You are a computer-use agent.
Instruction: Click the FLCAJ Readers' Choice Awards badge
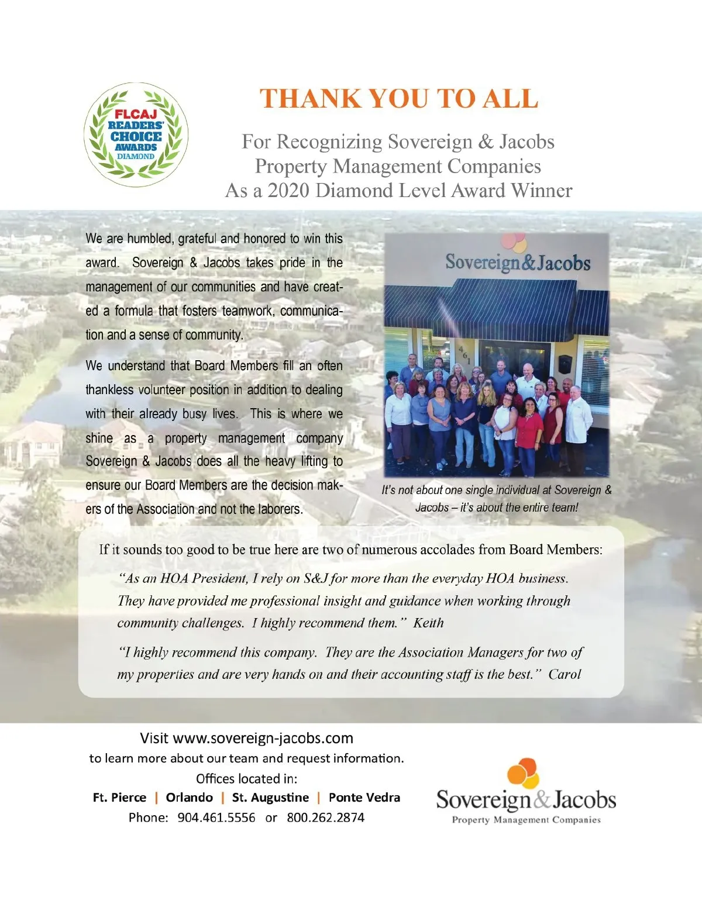[136, 134]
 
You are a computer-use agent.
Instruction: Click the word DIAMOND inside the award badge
[136, 157]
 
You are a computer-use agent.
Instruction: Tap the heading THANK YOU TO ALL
[398, 99]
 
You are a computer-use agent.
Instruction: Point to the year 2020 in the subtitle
[288, 191]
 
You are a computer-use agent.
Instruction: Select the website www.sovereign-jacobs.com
[263, 738]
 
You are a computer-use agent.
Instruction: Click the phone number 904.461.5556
[216, 817]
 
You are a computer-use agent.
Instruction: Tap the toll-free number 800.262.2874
[325, 817]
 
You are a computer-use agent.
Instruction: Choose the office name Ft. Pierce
[119, 798]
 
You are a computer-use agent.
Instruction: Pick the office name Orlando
[189, 798]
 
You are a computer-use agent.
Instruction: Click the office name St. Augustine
[270, 798]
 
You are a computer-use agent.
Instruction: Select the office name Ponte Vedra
[364, 798]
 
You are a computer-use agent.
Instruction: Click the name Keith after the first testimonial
[428, 623]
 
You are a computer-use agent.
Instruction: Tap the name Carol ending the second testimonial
[565, 675]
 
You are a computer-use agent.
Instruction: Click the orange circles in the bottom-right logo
[523, 772]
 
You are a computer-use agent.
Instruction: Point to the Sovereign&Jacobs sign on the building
[518, 262]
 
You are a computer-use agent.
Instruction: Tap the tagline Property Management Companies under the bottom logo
[526, 820]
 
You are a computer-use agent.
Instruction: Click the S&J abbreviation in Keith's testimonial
[315, 579]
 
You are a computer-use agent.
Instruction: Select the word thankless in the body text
[111, 390]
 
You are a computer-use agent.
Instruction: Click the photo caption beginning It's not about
[496, 498]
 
